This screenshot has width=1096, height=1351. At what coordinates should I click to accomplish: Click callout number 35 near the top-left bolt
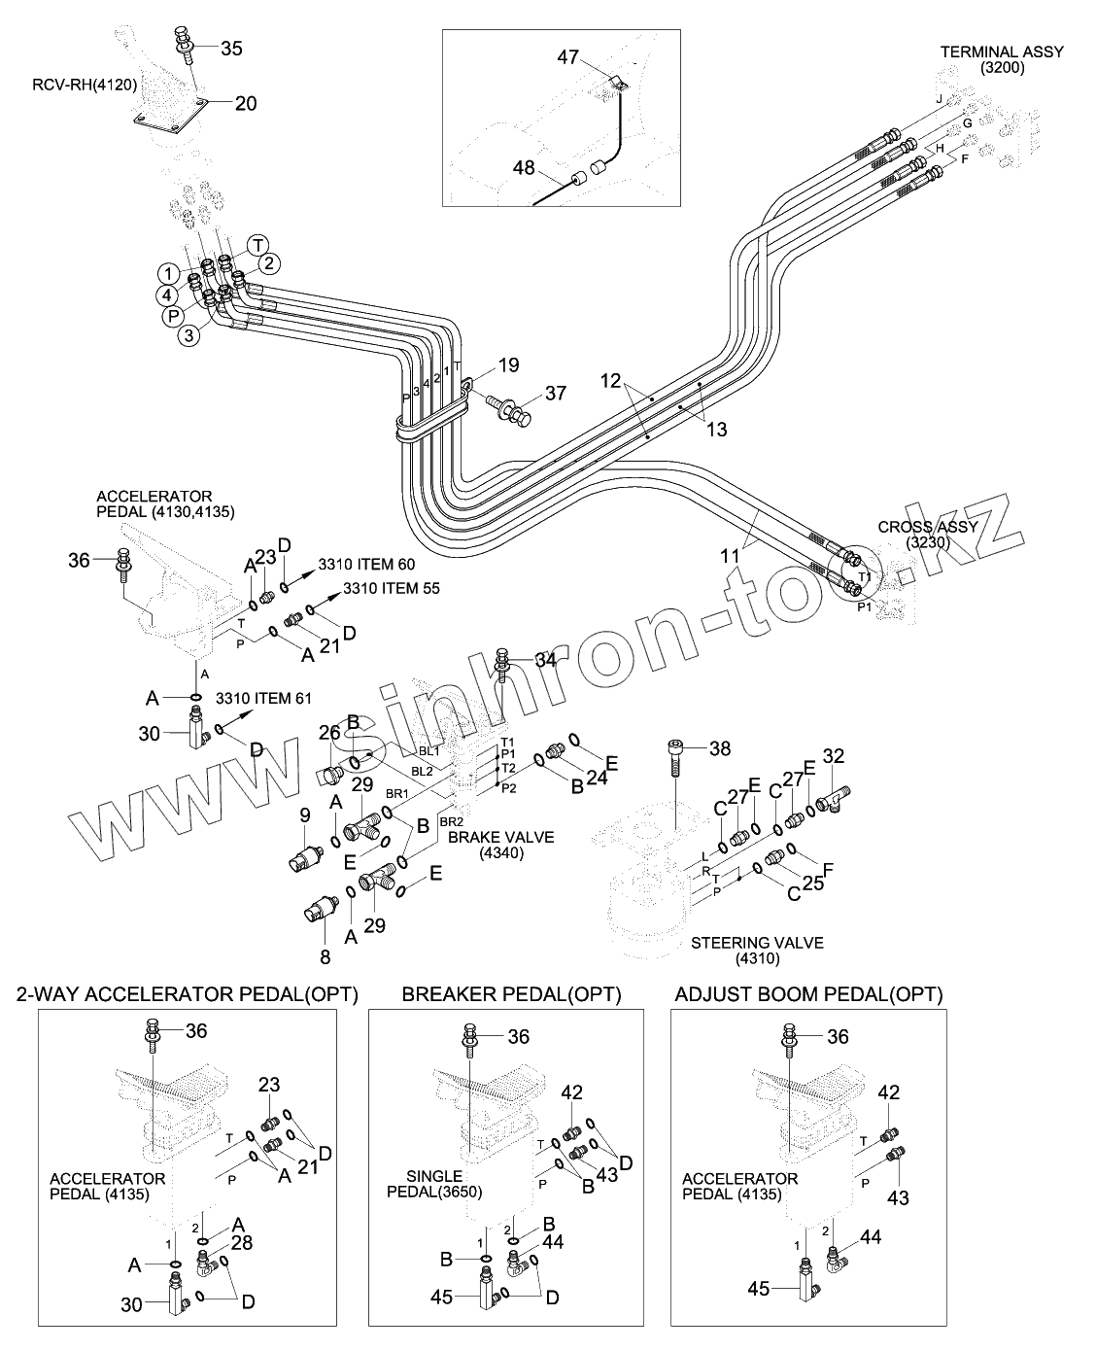[231, 49]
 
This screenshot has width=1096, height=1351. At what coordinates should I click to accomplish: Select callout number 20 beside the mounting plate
[246, 103]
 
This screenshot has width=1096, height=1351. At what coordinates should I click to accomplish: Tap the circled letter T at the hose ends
[257, 245]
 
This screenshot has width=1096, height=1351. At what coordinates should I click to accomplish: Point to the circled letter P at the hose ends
[172, 316]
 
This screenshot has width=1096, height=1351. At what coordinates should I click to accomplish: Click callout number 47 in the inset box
[568, 57]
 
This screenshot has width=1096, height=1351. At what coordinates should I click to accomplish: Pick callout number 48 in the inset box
[524, 167]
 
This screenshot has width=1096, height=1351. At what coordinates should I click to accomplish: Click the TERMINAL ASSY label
[1002, 59]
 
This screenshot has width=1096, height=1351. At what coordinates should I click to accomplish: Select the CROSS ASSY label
[928, 534]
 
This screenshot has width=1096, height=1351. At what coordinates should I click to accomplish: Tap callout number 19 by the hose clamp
[508, 365]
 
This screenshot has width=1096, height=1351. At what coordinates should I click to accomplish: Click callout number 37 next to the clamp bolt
[556, 394]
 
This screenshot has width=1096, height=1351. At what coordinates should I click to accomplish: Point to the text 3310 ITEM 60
[366, 565]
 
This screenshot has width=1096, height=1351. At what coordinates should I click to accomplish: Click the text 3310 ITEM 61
[263, 698]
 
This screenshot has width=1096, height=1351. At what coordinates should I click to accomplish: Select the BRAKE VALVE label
[500, 845]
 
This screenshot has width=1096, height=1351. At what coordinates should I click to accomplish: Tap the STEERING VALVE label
[758, 951]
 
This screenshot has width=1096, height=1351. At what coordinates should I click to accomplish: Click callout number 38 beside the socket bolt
[720, 748]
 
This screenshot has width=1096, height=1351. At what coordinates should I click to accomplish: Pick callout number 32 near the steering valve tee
[834, 756]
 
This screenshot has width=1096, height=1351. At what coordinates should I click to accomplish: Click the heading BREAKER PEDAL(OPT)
[511, 994]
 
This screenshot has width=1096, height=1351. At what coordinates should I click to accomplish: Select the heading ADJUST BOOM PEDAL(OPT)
[808, 994]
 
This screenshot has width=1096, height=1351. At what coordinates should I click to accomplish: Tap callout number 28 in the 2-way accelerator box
[242, 1242]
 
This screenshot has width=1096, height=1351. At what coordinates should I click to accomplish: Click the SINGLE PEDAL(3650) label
[435, 1184]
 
